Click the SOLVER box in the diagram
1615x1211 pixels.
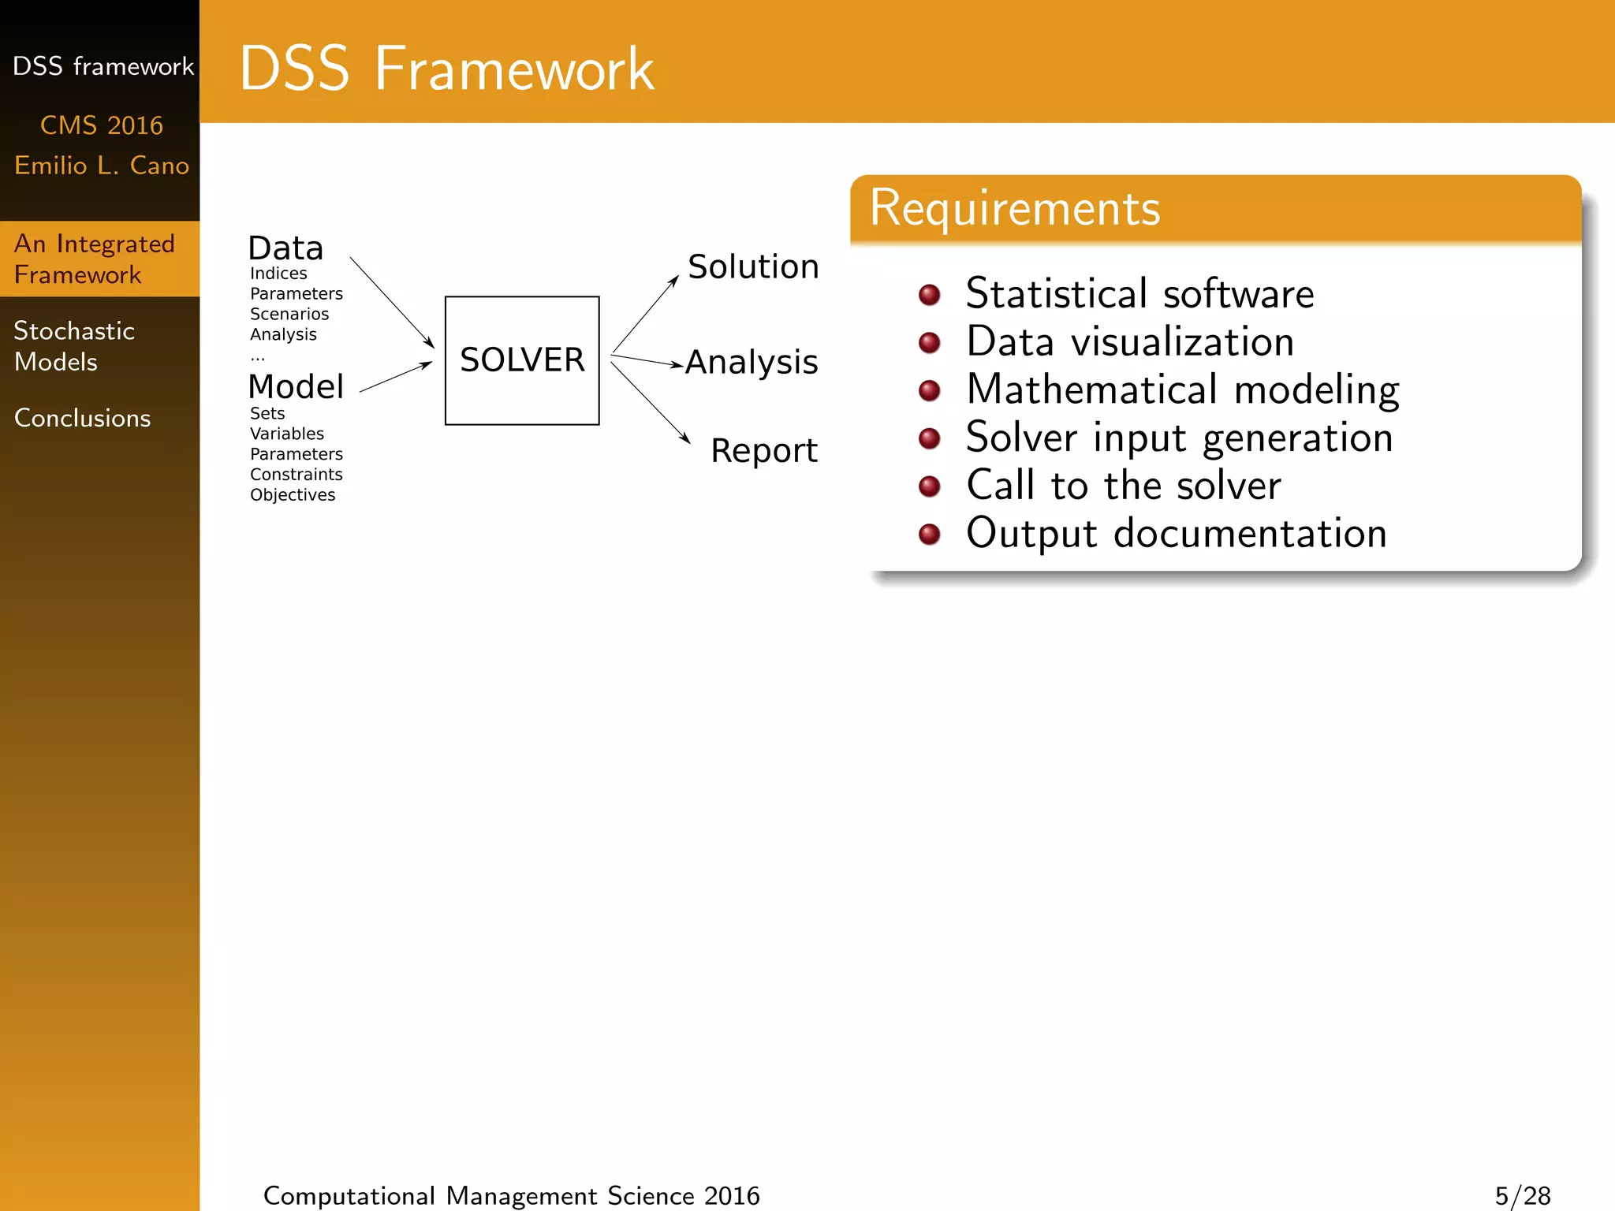coord(522,360)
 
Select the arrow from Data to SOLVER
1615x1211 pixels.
coord(391,301)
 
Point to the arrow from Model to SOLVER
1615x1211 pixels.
coord(396,377)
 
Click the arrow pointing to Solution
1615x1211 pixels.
coord(645,314)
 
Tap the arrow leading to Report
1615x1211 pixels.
coord(650,402)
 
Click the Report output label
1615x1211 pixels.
coord(763,451)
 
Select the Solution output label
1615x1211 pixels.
coord(753,266)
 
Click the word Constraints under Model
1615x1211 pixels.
coord(296,475)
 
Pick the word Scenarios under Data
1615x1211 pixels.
coord(289,314)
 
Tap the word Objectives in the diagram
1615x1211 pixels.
coord(293,495)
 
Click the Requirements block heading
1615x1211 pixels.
coord(1014,209)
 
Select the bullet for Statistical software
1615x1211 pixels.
coord(930,295)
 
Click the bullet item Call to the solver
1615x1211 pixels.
coord(1123,485)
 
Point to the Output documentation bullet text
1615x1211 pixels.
coord(1176,533)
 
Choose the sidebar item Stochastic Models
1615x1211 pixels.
coord(74,345)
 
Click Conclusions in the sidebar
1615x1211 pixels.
coord(82,418)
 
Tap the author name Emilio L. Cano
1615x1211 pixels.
coord(102,166)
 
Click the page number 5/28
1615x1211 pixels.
coord(1522,1195)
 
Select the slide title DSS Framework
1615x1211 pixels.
coord(446,69)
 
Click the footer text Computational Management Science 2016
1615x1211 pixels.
coord(511,1195)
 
